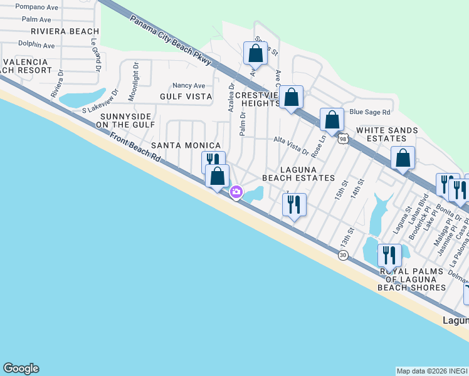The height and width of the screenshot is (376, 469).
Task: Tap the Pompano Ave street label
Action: point(36,6)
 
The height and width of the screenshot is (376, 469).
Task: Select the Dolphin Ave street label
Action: point(36,45)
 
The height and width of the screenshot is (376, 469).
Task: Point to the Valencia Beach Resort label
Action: point(26,66)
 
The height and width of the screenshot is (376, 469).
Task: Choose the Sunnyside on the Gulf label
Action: point(125,121)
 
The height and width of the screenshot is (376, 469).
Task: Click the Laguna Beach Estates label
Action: point(298,174)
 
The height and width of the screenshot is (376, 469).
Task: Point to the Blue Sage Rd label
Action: point(369,112)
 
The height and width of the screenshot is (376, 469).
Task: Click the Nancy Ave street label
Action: point(189,86)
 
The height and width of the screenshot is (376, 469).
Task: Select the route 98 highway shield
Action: point(342,139)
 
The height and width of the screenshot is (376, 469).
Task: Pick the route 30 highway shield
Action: point(342,255)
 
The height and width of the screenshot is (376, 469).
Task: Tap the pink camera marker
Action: point(236,192)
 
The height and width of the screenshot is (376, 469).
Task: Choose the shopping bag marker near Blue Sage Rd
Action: point(332,119)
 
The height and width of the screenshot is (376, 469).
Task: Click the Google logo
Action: point(21,368)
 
